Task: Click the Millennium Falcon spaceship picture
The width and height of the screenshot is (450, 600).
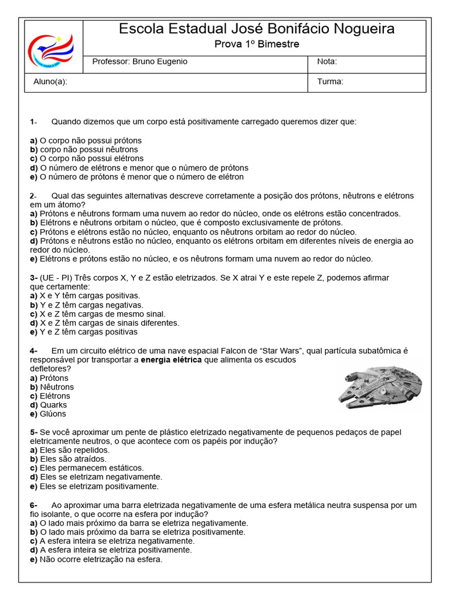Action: [x=380, y=387]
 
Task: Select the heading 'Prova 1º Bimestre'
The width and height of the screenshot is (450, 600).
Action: [x=257, y=45]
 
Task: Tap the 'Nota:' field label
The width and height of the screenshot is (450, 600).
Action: [x=327, y=62]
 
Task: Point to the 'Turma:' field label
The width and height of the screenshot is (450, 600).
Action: [x=330, y=82]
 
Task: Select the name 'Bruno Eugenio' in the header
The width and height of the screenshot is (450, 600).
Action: [x=159, y=62]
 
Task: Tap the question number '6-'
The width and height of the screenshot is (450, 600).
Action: [x=33, y=505]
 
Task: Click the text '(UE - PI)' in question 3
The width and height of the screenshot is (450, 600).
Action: [x=57, y=278]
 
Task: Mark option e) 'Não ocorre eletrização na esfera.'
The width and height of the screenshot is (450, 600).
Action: [x=96, y=559]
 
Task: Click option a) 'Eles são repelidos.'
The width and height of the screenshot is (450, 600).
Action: [x=70, y=450]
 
